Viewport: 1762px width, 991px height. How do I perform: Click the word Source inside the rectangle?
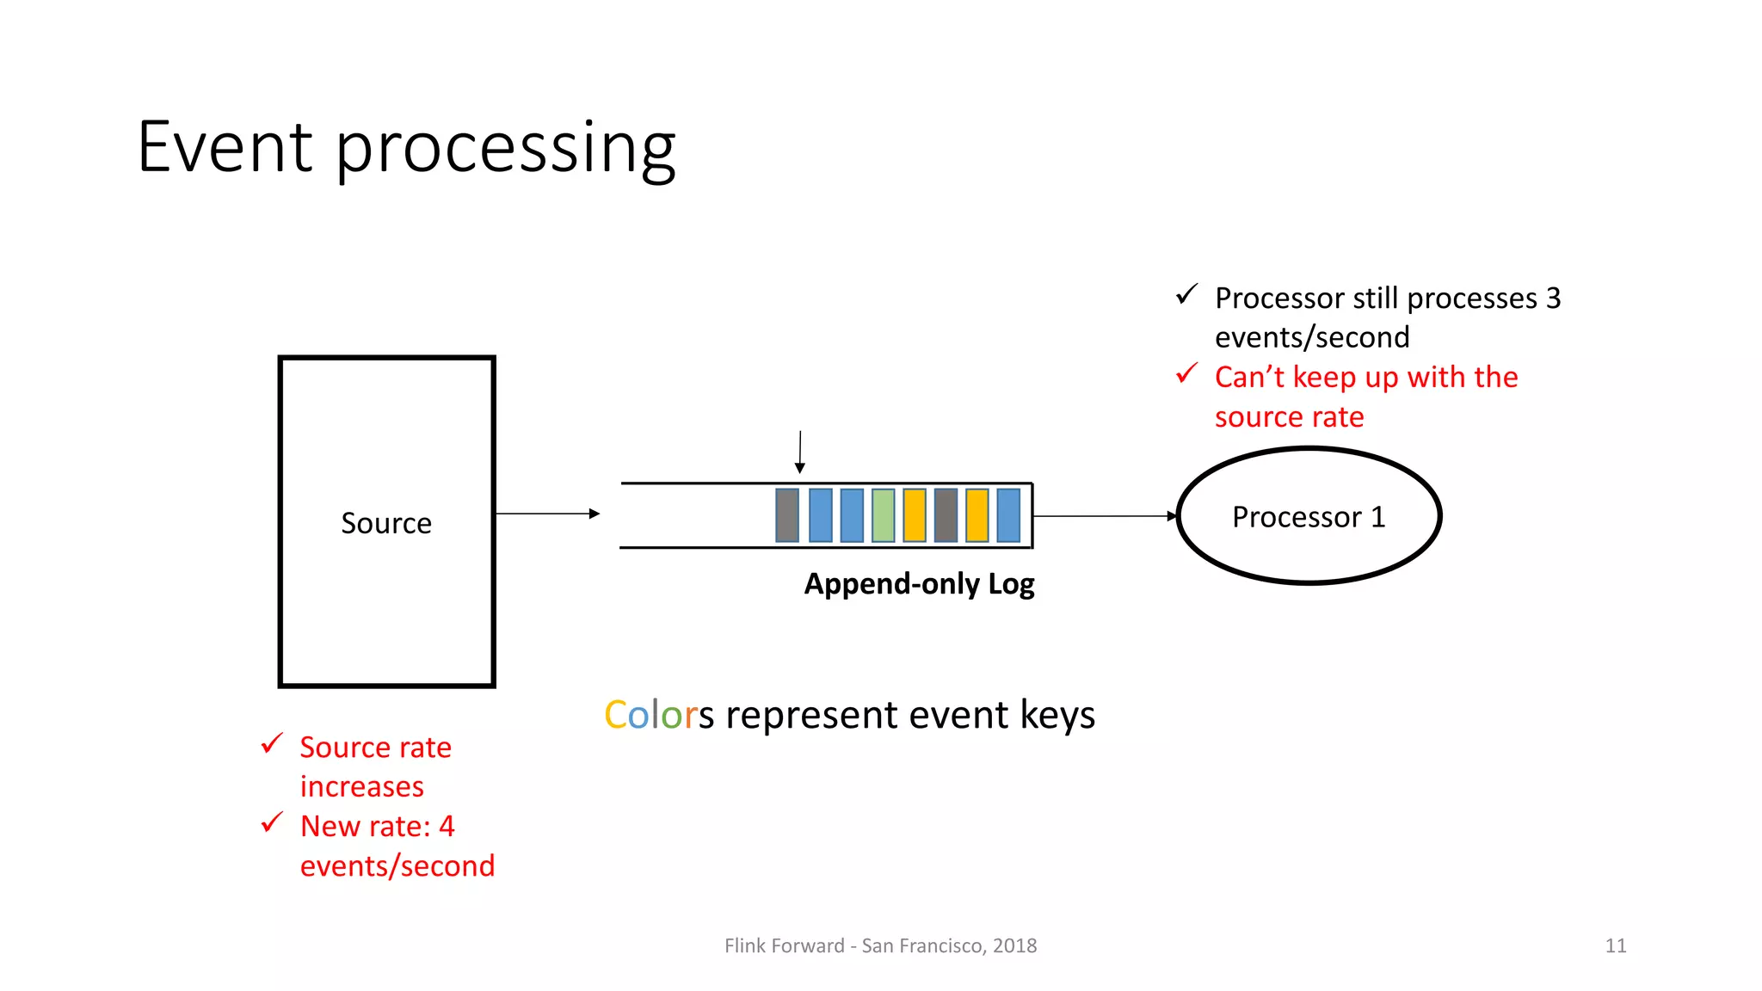click(386, 523)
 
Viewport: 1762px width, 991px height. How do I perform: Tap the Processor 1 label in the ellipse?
click(1309, 517)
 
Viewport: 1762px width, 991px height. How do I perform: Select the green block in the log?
click(883, 515)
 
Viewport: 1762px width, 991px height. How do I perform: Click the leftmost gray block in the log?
click(787, 515)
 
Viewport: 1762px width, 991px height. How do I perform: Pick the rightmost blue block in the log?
click(1008, 515)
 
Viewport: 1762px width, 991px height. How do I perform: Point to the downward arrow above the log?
click(800, 452)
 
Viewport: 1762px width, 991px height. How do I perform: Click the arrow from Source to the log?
click(547, 514)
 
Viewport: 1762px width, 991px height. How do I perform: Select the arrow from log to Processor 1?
click(1104, 516)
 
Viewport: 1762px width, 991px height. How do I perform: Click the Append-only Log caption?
click(919, 584)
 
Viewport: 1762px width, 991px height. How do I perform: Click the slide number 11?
click(1615, 945)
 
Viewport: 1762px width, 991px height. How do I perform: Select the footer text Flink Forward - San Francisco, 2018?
click(880, 945)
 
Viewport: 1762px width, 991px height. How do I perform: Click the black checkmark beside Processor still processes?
click(1187, 294)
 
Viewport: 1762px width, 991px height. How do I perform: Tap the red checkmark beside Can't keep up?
click(1187, 373)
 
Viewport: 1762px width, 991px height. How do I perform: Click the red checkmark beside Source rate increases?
click(272, 743)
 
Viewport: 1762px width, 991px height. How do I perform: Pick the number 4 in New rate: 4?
click(447, 827)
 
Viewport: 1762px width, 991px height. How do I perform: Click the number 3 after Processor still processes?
click(1553, 299)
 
